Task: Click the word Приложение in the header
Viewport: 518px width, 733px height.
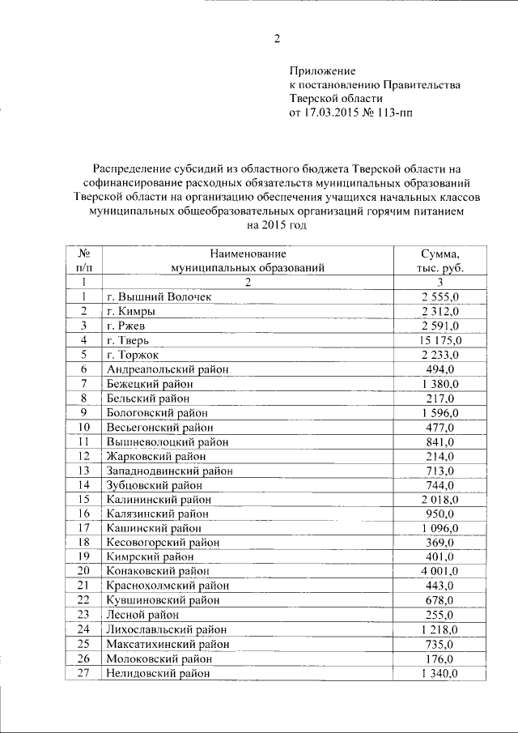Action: (x=322, y=71)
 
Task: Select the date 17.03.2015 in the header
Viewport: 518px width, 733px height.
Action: (x=333, y=113)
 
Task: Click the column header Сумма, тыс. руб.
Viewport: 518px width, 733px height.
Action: (x=439, y=260)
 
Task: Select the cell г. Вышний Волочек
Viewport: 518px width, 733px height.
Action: (x=159, y=297)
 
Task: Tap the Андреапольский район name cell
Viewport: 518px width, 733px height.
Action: (x=168, y=369)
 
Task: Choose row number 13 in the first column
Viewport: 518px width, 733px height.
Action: (x=83, y=471)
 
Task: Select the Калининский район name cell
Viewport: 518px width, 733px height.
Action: (x=157, y=500)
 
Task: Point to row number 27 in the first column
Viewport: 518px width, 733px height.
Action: (x=83, y=673)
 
